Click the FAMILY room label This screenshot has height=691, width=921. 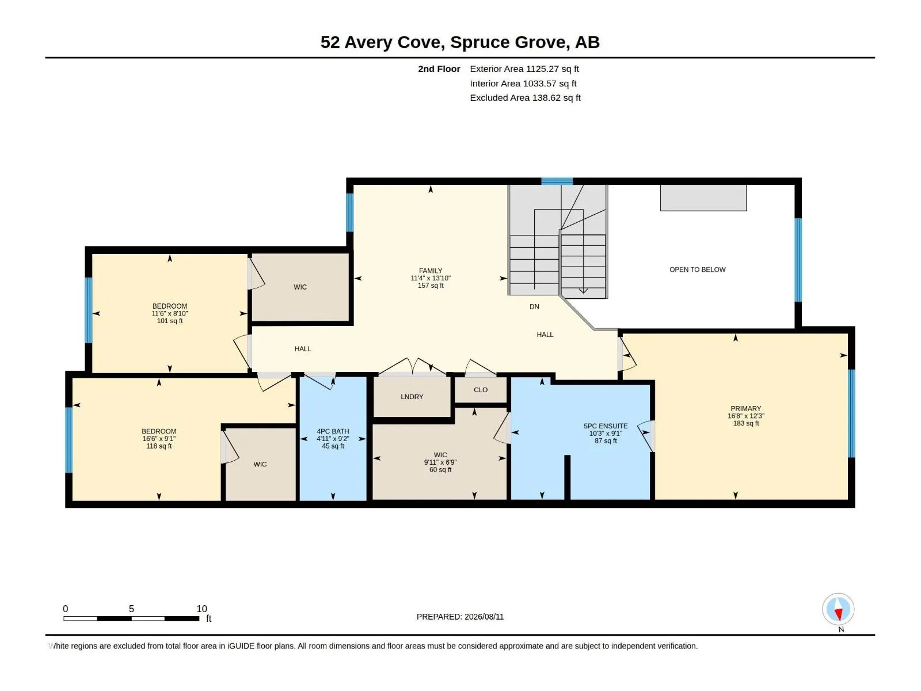(x=431, y=271)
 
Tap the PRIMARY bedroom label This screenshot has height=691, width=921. (x=745, y=409)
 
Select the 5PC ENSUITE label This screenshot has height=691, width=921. (x=606, y=426)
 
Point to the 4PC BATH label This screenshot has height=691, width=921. (x=333, y=431)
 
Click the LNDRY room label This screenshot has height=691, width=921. (x=412, y=397)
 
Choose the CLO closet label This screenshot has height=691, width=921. (x=481, y=390)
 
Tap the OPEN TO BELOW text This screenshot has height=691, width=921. (x=697, y=269)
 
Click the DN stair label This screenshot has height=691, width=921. (x=534, y=307)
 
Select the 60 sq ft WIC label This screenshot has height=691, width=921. (x=440, y=470)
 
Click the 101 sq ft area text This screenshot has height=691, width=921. (x=169, y=321)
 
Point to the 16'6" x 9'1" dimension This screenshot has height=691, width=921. (x=159, y=439)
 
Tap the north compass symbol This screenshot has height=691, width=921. (x=838, y=609)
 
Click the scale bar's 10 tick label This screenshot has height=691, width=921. (x=202, y=609)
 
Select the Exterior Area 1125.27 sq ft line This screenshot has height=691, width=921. (x=524, y=69)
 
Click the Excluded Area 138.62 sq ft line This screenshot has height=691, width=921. (x=525, y=98)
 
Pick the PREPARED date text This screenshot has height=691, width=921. (x=460, y=617)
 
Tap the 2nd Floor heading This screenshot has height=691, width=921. (x=439, y=69)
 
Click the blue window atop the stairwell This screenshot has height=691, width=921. (x=557, y=181)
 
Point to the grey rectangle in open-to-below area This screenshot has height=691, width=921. (x=703, y=198)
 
